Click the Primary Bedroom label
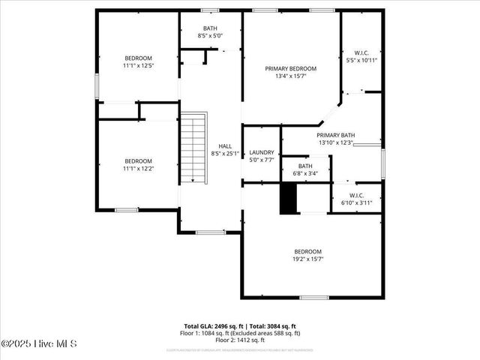[290, 68]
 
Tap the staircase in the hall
[194, 147]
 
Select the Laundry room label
[261, 151]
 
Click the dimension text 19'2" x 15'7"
[307, 259]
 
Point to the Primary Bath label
[336, 135]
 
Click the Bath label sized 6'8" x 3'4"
[305, 166]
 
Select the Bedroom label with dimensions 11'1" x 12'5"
[138, 58]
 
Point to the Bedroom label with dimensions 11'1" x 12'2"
[138, 161]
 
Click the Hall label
[225, 146]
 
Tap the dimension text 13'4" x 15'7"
[290, 76]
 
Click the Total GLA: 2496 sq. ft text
[214, 326]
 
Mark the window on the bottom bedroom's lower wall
[313, 298]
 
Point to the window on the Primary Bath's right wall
[383, 160]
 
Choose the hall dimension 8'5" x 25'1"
[225, 154]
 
